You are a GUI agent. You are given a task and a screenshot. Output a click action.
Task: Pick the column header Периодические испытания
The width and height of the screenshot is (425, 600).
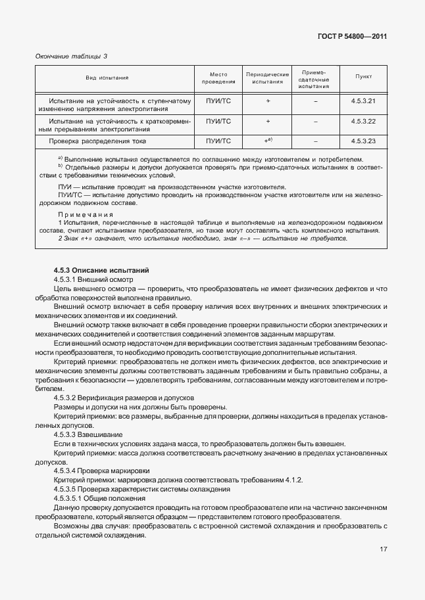[268, 78]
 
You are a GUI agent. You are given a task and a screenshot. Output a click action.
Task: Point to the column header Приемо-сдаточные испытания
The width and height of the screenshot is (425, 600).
[316, 78]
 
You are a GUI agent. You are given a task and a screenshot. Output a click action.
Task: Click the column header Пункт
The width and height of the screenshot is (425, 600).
[363, 77]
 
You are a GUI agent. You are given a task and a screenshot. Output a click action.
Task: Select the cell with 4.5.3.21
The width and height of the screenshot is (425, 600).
[363, 101]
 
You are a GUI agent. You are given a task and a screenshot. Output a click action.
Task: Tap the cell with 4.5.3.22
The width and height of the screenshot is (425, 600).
[363, 122]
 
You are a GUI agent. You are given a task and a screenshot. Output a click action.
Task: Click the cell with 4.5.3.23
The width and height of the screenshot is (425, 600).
[363, 141]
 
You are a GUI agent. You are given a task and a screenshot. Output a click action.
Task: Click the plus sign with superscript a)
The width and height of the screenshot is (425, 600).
[268, 141]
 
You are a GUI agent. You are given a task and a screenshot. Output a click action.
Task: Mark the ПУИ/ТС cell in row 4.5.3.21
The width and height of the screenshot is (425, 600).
[218, 101]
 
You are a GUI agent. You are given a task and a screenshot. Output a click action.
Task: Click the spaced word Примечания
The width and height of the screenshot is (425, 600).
[85, 214]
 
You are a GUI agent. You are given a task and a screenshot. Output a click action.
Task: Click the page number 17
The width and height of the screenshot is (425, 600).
[382, 549]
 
